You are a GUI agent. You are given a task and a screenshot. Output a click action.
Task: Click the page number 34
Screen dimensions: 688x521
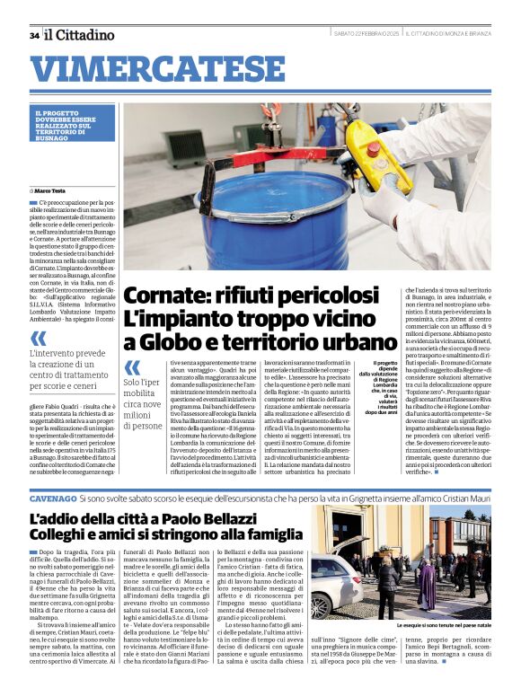34,35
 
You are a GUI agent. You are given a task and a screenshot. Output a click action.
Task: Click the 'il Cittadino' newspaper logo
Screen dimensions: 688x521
80,34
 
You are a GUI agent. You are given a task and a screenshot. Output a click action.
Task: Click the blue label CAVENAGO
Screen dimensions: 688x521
53,497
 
